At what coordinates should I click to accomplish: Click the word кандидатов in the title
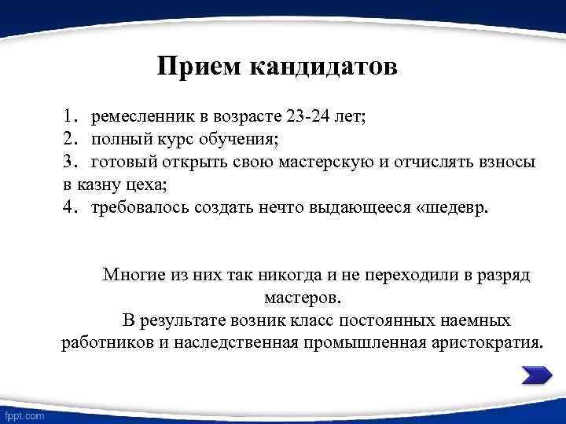(x=325, y=66)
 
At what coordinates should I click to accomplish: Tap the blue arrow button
(x=537, y=376)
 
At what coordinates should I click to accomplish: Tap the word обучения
(x=239, y=141)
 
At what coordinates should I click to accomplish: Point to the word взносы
(x=506, y=163)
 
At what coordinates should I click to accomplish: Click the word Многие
(x=130, y=276)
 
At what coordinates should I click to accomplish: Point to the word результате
(x=188, y=321)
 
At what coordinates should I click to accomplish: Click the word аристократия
(x=485, y=343)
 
